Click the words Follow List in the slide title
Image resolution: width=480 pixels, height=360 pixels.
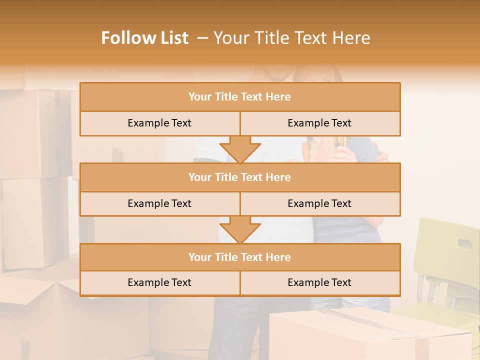144,38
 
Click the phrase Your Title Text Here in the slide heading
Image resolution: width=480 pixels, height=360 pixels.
292,38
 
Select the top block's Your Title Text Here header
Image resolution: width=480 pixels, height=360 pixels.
239,97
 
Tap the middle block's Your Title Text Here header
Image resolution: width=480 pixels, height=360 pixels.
239,177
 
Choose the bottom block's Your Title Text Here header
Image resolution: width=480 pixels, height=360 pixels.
239,257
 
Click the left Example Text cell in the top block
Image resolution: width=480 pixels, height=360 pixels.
159,123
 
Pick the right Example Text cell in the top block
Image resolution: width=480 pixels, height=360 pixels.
319,123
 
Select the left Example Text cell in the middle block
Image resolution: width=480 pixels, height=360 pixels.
159,203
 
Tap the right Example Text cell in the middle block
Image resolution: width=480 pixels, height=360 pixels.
319,203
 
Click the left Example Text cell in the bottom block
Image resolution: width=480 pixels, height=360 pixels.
159,282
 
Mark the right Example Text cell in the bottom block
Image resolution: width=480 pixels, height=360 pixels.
319,282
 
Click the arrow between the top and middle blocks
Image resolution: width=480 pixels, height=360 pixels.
240,149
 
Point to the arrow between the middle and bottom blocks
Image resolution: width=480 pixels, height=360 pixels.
240,229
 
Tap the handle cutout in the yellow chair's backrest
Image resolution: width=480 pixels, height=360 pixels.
464,244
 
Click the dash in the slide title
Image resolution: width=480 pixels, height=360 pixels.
202,38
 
